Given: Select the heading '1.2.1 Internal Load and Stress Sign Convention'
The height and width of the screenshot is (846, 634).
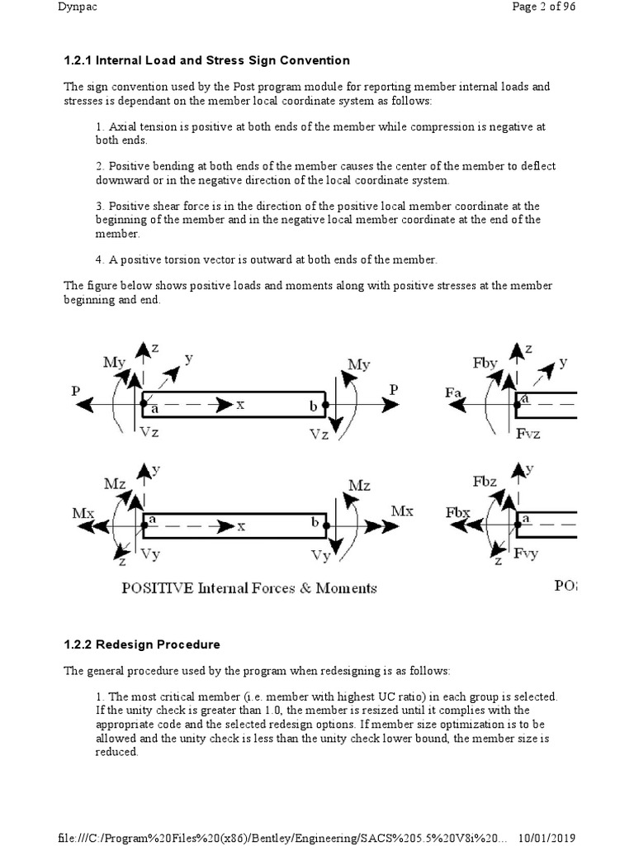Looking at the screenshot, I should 206,60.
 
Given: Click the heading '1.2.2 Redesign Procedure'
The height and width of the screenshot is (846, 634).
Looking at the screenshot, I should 142,644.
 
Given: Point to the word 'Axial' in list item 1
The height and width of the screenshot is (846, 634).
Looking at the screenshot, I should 124,127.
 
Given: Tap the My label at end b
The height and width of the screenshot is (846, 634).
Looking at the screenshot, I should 359,364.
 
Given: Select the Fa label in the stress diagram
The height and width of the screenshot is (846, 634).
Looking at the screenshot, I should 453,393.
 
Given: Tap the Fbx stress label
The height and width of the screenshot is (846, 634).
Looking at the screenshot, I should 458,512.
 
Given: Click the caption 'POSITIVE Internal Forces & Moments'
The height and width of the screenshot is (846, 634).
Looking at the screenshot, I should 248,588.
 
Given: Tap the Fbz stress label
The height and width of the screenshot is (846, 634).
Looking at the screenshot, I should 485,482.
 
